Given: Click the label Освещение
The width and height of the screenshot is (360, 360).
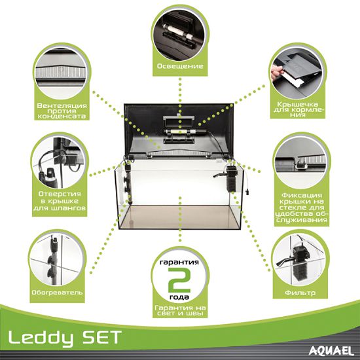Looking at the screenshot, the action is (x=180, y=66).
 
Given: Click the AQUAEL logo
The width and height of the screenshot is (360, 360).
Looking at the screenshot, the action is (x=331, y=351).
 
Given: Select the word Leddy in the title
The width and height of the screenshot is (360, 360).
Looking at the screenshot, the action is (x=41, y=338).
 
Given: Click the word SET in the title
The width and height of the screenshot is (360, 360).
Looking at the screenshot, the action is (x=102, y=336).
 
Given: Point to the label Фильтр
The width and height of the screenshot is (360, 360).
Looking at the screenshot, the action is (x=300, y=293).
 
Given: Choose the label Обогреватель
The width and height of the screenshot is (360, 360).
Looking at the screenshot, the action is (x=57, y=293).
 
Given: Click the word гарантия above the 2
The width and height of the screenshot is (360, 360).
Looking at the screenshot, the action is (x=179, y=262).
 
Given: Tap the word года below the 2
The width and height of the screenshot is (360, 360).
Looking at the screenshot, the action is (x=179, y=297).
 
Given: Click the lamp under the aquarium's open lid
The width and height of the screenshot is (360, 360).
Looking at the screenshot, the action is (x=184, y=132).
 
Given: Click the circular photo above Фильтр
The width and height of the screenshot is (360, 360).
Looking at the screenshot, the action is (x=300, y=259).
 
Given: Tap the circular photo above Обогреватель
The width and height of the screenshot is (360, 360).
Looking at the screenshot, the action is (x=57, y=259).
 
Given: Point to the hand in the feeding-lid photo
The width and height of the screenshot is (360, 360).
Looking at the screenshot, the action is (x=276, y=73).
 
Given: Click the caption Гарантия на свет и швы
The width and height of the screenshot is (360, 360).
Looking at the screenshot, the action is (x=180, y=310).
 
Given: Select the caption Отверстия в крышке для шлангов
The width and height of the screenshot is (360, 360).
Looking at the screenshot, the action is (x=60, y=201).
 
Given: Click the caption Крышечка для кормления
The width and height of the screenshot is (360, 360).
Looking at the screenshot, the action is (x=298, y=110).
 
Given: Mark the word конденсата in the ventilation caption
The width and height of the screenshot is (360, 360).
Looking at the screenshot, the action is (x=62, y=116).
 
